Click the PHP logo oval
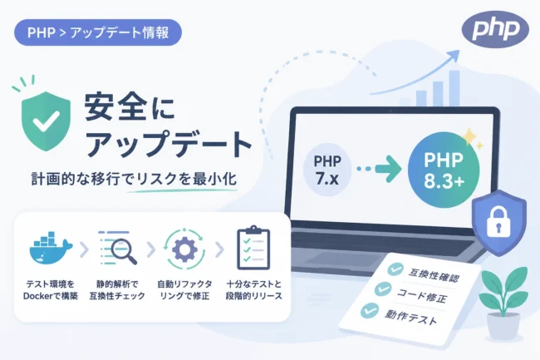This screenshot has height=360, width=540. (495, 28)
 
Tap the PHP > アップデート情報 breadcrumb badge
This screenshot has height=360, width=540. (98, 32)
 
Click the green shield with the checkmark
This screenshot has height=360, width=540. (46, 121)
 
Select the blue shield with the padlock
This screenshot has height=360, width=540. (499, 222)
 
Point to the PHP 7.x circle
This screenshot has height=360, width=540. (327, 170)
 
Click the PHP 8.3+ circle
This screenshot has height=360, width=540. (444, 170)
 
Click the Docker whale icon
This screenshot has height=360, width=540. (51, 248)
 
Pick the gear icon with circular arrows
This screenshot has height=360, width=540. (184, 249)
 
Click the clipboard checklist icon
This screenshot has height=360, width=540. (253, 248)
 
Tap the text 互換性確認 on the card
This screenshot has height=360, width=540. (434, 275)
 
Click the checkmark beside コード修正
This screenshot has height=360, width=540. (383, 288)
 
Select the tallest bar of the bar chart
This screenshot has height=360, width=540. (454, 88)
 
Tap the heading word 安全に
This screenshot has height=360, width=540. (130, 107)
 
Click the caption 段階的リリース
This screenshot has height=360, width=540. (254, 296)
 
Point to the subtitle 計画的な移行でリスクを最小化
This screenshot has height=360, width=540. (134, 179)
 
